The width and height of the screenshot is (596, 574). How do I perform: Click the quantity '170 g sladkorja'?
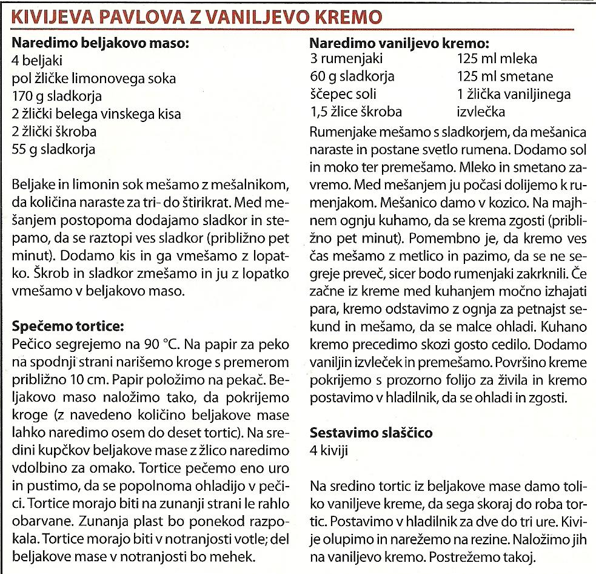coord(57,96)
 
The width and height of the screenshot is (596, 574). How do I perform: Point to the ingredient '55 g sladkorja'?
coord(53,149)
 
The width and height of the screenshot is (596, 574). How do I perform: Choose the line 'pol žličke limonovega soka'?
coord(94,78)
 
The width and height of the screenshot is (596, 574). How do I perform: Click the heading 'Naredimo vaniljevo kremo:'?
coord(400,44)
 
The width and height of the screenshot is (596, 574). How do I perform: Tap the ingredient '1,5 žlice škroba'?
coord(355,112)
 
